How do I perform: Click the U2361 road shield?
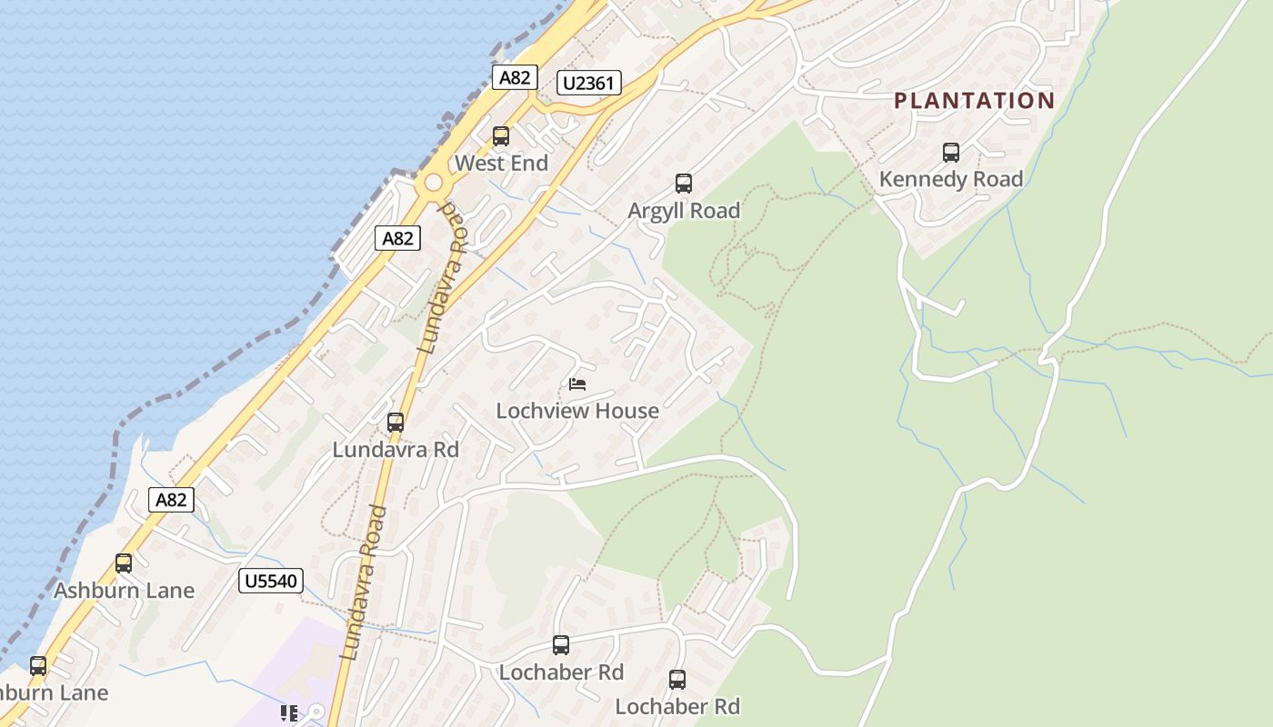588,84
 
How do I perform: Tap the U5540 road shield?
270,581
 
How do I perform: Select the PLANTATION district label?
974,100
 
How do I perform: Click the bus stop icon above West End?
500,136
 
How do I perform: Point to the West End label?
501,164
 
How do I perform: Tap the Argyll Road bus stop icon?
684,184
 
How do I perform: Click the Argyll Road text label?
684,211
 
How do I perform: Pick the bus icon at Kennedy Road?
951,153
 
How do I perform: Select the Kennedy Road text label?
951,179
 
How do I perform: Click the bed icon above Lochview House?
577,384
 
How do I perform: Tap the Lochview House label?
577,411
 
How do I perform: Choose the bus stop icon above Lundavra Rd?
395,423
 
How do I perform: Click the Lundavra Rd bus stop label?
396,450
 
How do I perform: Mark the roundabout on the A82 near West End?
434,184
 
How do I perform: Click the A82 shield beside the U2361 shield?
514,77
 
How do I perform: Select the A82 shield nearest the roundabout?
397,239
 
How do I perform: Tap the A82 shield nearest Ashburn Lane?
171,499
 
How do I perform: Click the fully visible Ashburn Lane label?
124,591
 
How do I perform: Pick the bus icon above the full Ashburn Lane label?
124,563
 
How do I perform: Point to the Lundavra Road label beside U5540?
364,582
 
